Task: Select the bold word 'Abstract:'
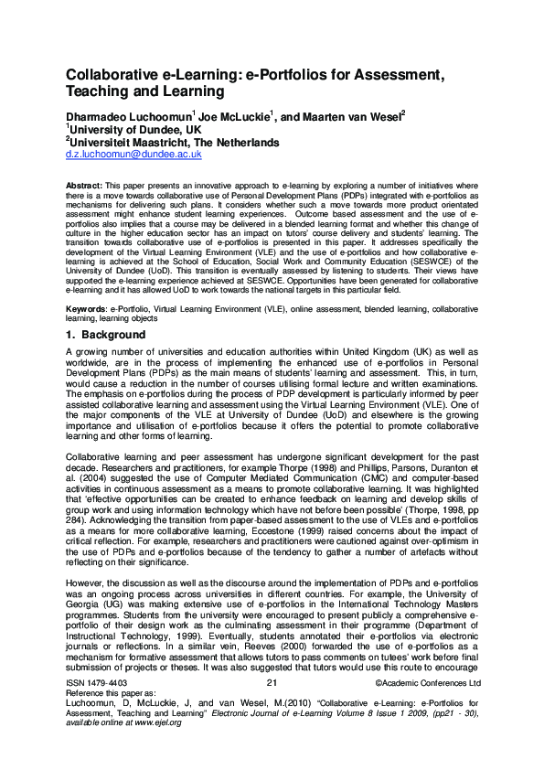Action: (x=85, y=185)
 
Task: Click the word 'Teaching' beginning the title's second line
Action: (x=98, y=92)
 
